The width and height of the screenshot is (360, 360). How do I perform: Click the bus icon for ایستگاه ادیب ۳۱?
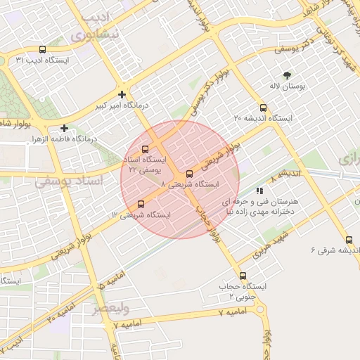click(43, 49)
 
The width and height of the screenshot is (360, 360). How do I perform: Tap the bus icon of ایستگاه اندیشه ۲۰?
click(263, 108)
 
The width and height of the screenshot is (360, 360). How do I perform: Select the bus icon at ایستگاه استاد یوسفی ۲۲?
click(145, 149)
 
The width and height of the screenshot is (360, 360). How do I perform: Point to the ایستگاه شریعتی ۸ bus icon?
click(188, 174)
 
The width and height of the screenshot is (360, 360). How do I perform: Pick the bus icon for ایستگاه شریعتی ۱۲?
click(141, 204)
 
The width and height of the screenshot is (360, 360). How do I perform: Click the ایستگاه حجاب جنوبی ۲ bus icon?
click(243, 276)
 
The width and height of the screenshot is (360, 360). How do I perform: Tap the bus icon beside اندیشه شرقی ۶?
click(349, 240)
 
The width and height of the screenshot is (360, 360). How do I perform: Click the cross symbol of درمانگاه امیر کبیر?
click(122, 94)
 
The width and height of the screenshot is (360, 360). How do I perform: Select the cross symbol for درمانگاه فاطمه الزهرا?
click(64, 128)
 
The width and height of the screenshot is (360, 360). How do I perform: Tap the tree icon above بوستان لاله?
click(286, 75)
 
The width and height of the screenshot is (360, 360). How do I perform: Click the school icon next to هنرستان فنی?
click(259, 190)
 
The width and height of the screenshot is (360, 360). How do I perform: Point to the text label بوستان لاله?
click(285, 86)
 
